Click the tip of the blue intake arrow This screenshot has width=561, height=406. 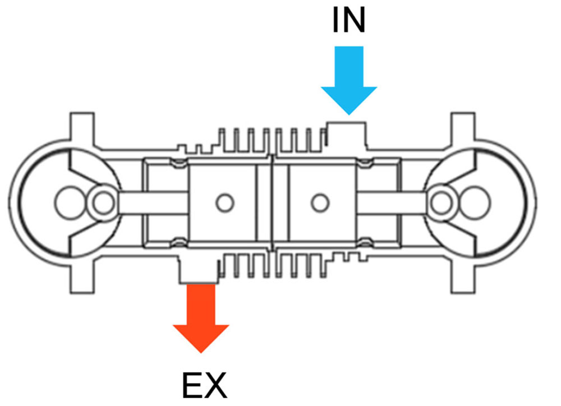coord(349,115)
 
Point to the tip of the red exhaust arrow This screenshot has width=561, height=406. coord(201,353)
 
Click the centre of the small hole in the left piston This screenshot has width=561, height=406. coord(225,202)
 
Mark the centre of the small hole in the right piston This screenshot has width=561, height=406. coord(320,202)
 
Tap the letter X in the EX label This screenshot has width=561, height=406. coord(216,385)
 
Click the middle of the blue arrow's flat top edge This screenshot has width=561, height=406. coord(349,47)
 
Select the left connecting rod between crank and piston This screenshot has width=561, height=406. coord(153,202)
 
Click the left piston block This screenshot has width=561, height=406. coord(222,202)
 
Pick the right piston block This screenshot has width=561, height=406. coord(323,202)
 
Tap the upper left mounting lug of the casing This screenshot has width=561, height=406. coord(82,127)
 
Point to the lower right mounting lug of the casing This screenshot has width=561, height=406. coord(463,279)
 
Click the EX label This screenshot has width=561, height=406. coord(205,385)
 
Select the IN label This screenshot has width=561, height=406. coord(349,20)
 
